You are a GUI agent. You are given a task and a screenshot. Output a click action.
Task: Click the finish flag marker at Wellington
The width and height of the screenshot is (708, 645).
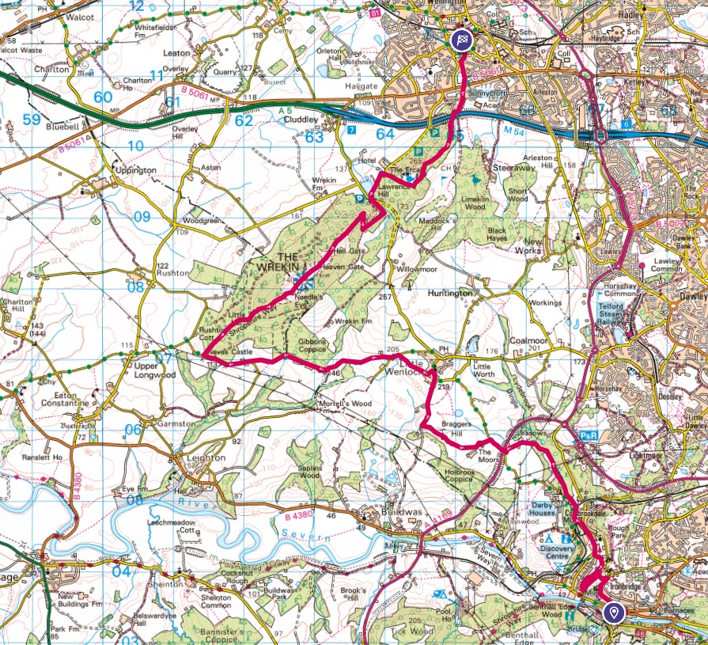click(461, 40)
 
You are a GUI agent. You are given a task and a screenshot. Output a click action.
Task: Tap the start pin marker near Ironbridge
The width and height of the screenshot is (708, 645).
click(613, 612)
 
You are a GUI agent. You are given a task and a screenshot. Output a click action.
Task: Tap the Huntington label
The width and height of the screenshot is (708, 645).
click(450, 293)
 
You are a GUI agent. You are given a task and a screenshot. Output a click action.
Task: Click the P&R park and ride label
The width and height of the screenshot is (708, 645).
click(589, 435)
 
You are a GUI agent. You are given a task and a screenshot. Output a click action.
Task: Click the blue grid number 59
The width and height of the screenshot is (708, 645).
click(32, 120)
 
